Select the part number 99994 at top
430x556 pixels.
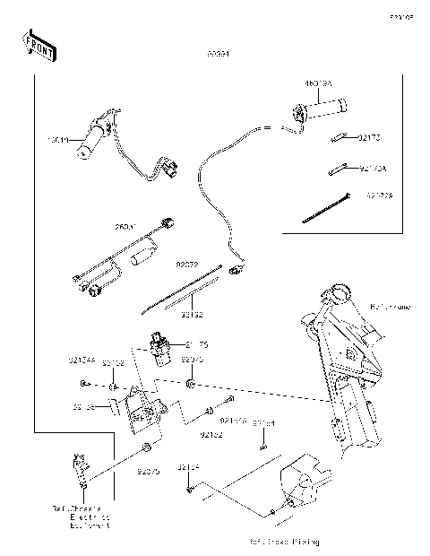pyautogui.click(x=218, y=55)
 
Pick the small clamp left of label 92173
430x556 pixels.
pyautogui.click(x=338, y=139)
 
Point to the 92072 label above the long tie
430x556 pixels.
pyautogui.click(x=187, y=265)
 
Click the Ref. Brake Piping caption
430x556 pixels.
pyautogui.click(x=285, y=543)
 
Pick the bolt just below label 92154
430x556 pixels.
pyautogui.click(x=191, y=490)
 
